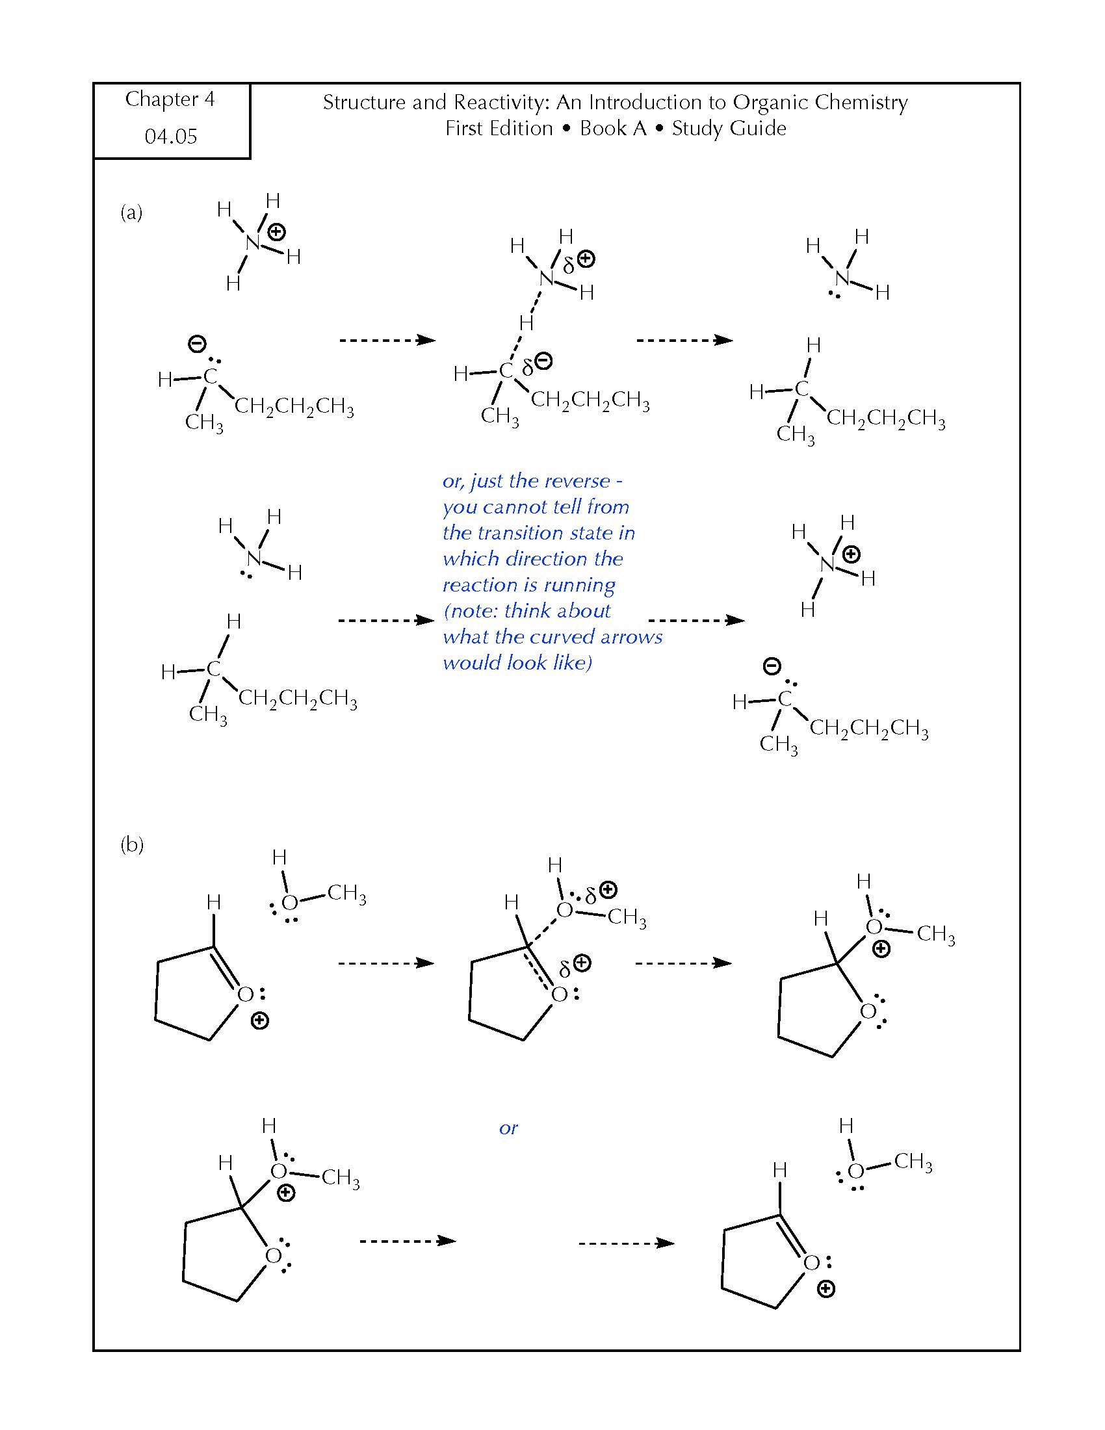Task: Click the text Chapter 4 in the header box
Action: [170, 99]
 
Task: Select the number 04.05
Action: [171, 136]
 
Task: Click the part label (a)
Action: [131, 212]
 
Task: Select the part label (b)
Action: [131, 844]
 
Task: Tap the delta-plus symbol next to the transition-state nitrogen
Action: [578, 261]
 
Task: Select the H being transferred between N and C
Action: [526, 322]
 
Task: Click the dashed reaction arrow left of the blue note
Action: [386, 620]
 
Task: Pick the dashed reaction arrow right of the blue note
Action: [696, 620]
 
